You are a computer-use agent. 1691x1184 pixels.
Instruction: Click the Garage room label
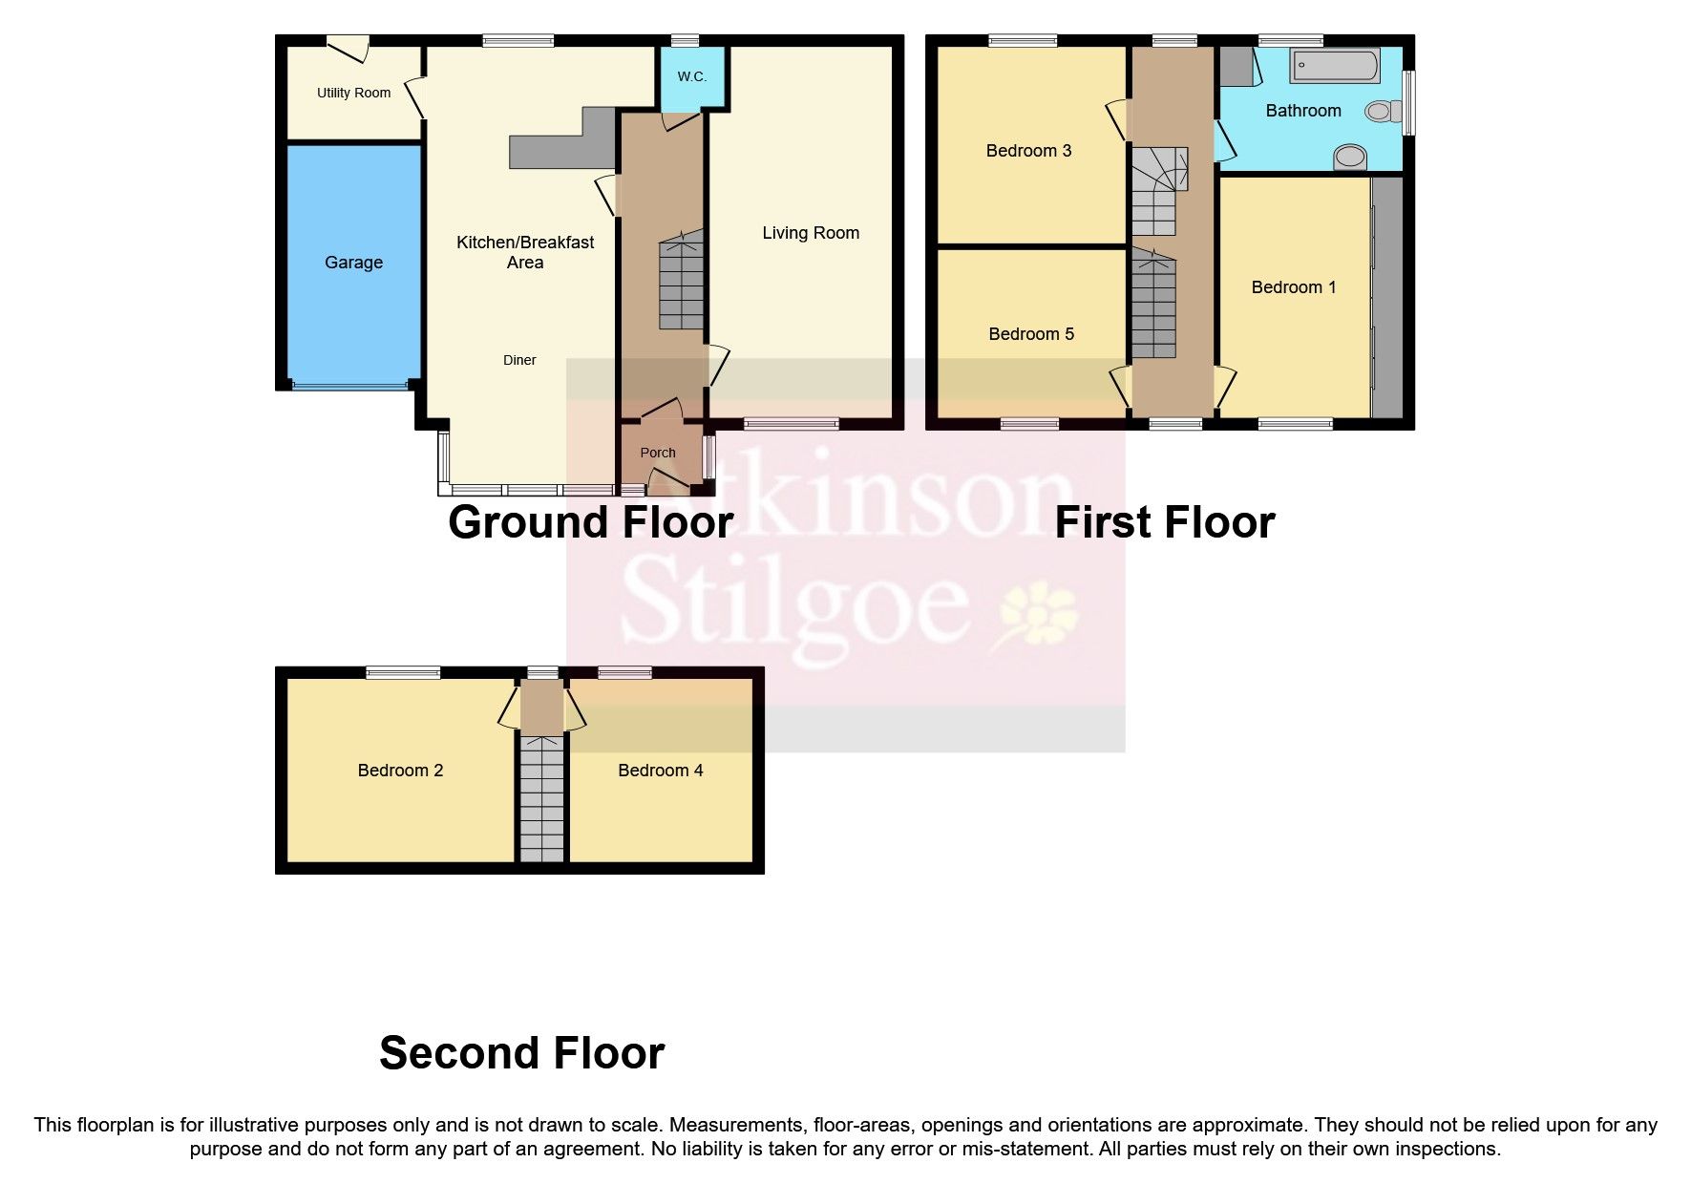pyautogui.click(x=353, y=263)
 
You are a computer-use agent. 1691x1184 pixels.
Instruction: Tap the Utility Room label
pyautogui.click(x=353, y=93)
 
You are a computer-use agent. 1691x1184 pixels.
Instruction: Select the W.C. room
pyautogui.click(x=692, y=76)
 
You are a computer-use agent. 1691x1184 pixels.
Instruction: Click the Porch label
pyautogui.click(x=657, y=453)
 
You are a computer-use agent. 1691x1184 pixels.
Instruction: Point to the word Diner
pyautogui.click(x=519, y=360)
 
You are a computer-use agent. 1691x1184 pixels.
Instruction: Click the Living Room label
pyautogui.click(x=810, y=233)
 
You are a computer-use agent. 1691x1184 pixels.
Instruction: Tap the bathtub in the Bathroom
pyautogui.click(x=1334, y=68)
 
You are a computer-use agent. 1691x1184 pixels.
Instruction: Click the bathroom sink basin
pyautogui.click(x=1350, y=157)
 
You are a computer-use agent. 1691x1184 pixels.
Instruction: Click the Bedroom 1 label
pyautogui.click(x=1293, y=287)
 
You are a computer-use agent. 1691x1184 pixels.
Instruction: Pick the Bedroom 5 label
pyautogui.click(x=1030, y=334)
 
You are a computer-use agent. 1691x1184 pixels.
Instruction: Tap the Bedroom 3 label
pyautogui.click(x=1027, y=151)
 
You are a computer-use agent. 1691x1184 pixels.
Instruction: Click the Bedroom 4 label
pyautogui.click(x=660, y=771)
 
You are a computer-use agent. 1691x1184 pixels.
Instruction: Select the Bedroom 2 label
pyautogui.click(x=400, y=771)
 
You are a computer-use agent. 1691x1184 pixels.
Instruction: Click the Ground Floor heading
pyautogui.click(x=590, y=523)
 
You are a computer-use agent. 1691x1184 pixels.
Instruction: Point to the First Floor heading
pyautogui.click(x=1164, y=523)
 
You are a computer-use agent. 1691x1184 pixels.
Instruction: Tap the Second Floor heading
pyautogui.click(x=521, y=1053)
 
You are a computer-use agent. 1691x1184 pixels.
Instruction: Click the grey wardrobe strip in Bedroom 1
pyautogui.click(x=1388, y=297)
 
